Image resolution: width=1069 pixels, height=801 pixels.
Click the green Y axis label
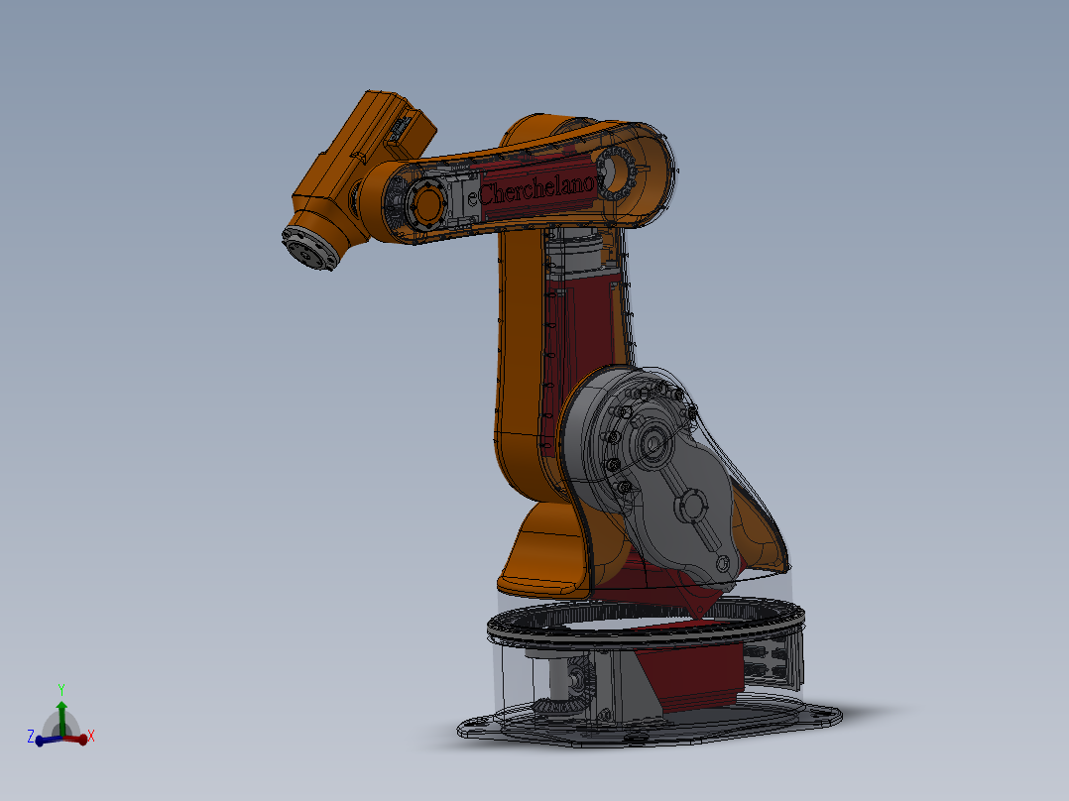(x=61, y=689)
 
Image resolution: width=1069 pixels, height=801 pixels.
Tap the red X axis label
(x=91, y=737)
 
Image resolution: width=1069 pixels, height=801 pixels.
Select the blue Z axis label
(x=31, y=737)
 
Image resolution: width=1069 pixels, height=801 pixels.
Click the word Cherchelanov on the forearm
(x=536, y=188)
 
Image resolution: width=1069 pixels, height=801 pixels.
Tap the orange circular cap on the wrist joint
(x=428, y=204)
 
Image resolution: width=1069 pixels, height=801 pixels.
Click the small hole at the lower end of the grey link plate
(x=722, y=566)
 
